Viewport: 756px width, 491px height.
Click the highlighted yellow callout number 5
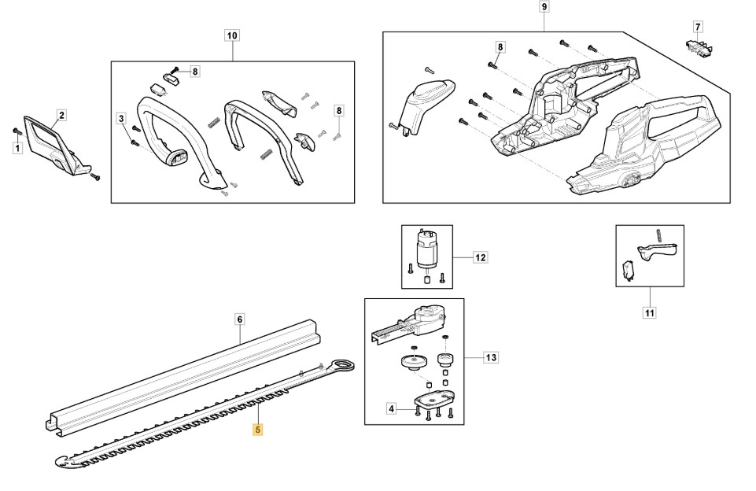(257, 430)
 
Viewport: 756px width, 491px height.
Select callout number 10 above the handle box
(232, 35)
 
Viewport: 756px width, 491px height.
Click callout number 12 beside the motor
(481, 257)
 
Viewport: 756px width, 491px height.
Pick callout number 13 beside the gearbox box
(491, 358)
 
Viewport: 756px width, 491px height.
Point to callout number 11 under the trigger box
(649, 313)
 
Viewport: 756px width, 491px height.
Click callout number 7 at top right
(697, 28)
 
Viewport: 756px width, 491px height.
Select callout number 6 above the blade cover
(240, 319)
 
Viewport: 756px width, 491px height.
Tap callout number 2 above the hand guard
(61, 115)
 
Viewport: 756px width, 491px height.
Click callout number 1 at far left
(17, 148)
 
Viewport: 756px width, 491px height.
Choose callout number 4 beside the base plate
(391, 408)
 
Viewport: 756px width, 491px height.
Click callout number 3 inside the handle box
(121, 119)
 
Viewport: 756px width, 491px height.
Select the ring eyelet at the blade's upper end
(344, 364)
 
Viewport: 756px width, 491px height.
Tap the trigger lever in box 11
(657, 251)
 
